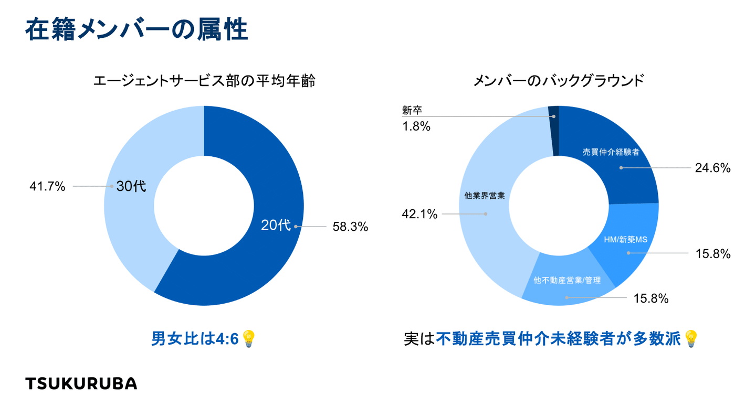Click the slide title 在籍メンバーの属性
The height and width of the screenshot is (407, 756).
coord(136,30)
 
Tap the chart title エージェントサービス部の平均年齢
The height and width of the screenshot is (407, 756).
coord(204,81)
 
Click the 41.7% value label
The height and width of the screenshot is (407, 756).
coord(48,186)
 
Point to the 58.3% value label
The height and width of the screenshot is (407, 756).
coord(350,227)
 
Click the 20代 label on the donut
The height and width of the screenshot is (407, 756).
coord(276,226)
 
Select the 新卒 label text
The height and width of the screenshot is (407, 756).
coord(412,111)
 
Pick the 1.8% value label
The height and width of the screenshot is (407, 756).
coord(416,126)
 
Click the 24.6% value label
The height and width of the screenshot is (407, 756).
coord(713,168)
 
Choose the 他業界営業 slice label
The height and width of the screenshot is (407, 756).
coord(485,196)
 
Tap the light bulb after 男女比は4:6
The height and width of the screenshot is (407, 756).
coord(249,339)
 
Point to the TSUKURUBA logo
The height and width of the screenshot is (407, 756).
coord(81,383)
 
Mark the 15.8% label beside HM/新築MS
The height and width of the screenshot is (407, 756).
coord(713,254)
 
